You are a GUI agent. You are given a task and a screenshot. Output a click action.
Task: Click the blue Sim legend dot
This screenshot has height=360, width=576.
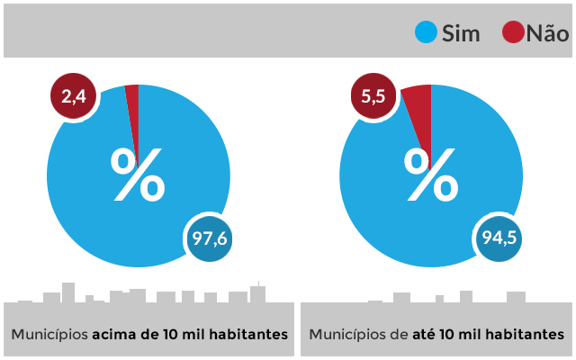426,33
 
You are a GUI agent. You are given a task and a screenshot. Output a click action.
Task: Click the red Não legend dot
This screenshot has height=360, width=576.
514,33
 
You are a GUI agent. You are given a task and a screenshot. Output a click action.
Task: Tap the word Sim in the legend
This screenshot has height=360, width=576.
461,34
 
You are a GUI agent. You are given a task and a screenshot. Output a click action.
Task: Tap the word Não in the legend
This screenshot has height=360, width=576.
547,34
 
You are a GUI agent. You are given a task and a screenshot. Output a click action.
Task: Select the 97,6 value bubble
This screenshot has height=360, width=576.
211,238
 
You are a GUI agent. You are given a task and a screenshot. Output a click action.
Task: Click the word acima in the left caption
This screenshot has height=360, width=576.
115,335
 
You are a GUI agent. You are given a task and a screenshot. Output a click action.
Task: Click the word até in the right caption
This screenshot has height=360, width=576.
426,335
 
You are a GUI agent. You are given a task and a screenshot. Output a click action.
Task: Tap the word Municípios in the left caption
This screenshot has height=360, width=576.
49,335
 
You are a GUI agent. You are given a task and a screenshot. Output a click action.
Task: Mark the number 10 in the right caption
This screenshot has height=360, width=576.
451,335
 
